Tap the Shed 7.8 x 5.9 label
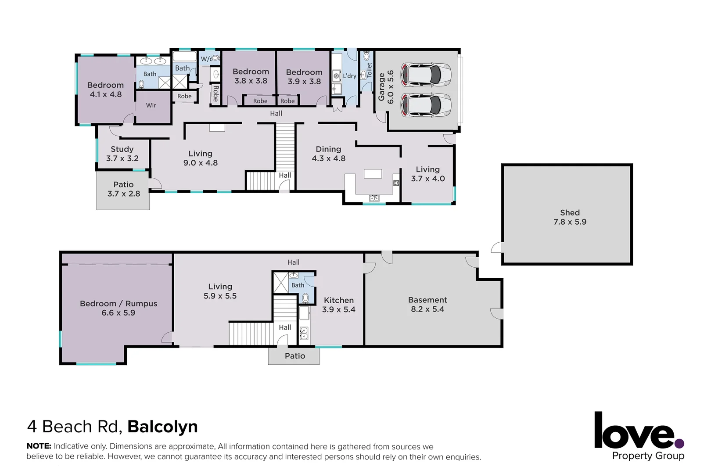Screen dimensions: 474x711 tap(570, 217)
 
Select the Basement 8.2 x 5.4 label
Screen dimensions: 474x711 tap(427, 305)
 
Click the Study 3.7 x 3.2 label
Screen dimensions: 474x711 tap(122, 154)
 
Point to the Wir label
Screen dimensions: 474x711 tap(151, 105)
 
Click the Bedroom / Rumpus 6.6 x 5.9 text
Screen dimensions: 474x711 tap(118, 308)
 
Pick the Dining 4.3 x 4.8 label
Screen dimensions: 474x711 tap(328, 154)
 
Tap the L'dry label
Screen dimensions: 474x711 tap(349, 76)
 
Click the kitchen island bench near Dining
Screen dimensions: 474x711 tap(373, 174)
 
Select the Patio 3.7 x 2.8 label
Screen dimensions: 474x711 tap(123, 189)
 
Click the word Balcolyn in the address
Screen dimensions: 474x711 tap(162, 427)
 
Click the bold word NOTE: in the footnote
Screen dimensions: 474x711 tap(39, 446)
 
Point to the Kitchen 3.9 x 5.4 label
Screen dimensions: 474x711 tap(338, 305)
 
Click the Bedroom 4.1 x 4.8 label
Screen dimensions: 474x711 tap(105, 90)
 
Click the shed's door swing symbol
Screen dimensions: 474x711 tap(496, 248)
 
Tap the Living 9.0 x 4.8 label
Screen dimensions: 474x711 tap(200, 158)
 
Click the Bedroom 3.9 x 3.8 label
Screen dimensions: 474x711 tap(304, 77)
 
